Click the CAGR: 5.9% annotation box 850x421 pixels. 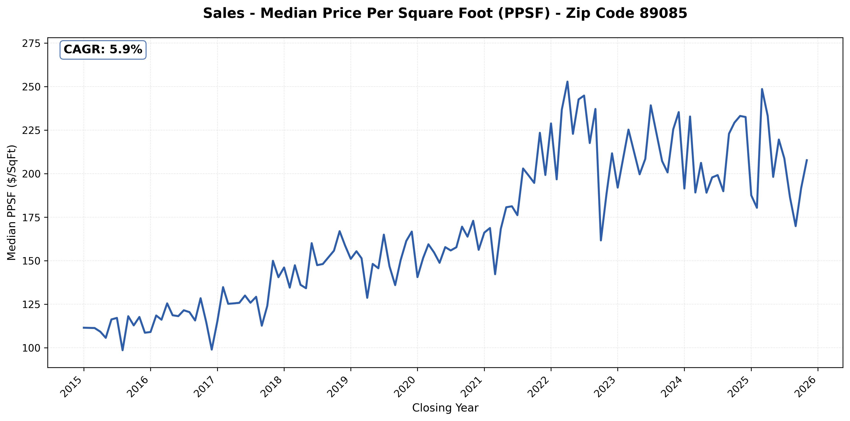(103, 50)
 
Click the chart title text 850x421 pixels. (445, 14)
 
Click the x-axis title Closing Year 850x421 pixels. (445, 408)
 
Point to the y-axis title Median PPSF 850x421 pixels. (12, 202)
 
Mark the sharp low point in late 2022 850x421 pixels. (601, 240)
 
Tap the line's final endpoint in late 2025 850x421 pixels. (807, 160)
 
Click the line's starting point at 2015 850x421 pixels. (84, 328)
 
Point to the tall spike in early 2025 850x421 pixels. (762, 89)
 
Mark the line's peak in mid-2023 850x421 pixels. (651, 106)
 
